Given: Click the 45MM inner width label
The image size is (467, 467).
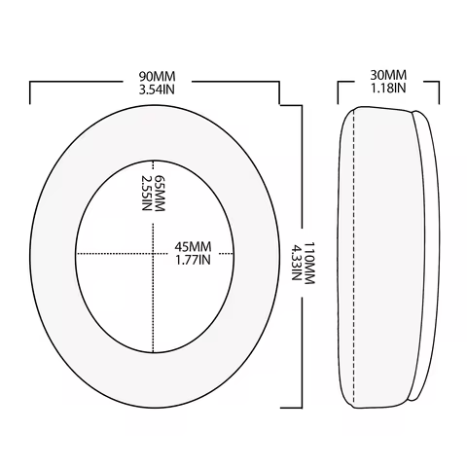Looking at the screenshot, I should (193, 247).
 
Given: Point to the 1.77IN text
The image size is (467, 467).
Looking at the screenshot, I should (193, 261).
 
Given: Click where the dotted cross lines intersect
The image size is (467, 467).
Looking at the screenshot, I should (153, 254).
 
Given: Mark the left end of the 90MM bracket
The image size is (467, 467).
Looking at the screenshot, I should (33, 102).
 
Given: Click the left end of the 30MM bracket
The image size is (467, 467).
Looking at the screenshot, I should (339, 102).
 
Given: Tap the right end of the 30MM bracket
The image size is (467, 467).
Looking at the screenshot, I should (439, 102).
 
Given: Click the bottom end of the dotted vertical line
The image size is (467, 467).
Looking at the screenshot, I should (153, 351).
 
